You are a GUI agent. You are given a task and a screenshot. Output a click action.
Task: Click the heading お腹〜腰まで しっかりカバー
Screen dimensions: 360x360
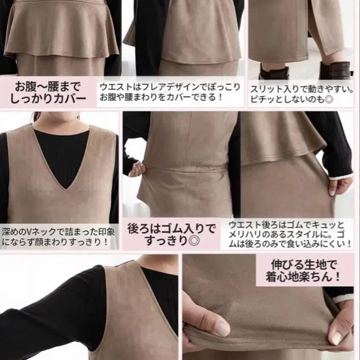(48, 93)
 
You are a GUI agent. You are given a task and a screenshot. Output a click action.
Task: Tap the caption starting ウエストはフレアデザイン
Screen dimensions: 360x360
(170, 92)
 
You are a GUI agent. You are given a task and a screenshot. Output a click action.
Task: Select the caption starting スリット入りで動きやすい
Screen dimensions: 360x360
(302, 94)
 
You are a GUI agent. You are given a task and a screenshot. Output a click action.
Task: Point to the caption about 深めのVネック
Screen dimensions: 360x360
(58, 236)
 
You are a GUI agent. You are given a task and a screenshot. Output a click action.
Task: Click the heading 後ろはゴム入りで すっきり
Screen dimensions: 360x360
(172, 234)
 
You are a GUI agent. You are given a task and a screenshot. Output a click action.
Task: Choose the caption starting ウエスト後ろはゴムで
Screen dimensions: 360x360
(290, 234)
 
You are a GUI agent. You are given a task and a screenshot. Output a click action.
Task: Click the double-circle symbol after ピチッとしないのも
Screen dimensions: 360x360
(329, 99)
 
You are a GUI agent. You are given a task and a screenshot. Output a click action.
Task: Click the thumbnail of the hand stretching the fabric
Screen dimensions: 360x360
(268, 307)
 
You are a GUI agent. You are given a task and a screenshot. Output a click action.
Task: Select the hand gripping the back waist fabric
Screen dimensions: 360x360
(138, 170)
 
